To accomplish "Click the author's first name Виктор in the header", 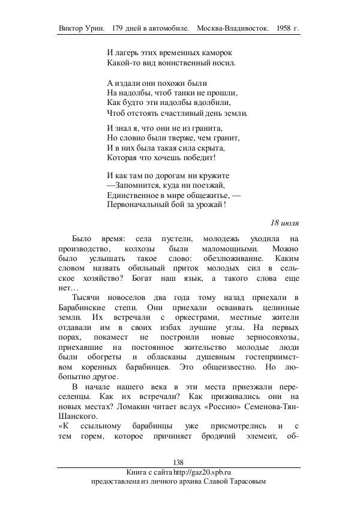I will [73, 29].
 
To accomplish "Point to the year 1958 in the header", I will [285, 29].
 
